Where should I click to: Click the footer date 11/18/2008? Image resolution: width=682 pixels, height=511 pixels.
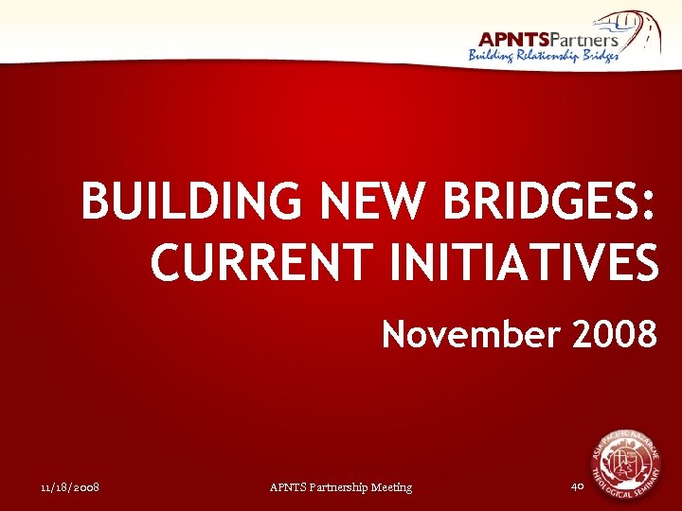point(71,487)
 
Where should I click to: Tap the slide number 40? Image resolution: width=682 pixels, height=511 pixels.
point(578,486)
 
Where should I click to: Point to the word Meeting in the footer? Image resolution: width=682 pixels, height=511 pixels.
point(392,487)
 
